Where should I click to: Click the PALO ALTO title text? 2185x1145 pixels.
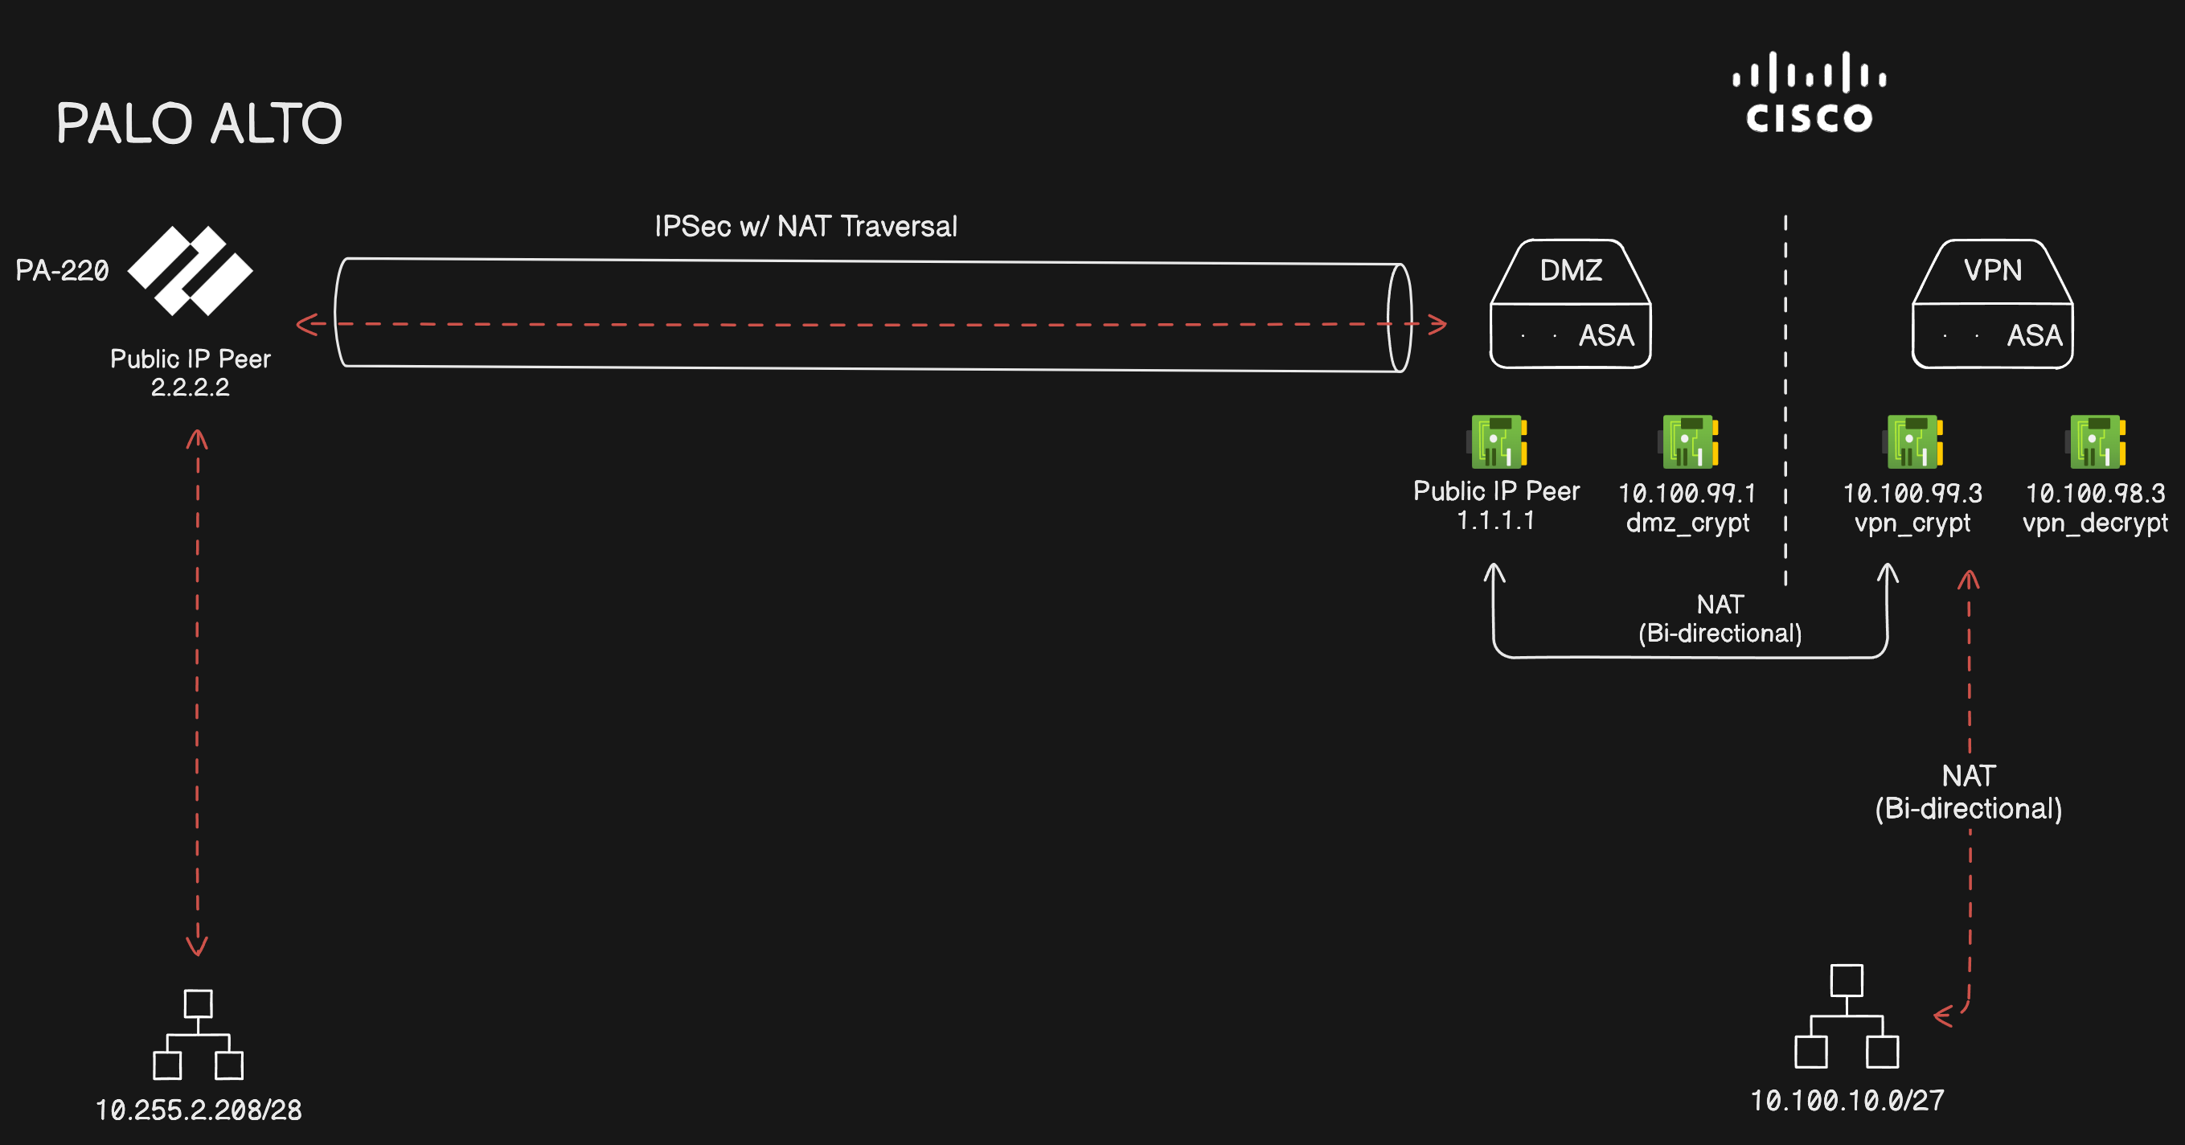pyautogui.click(x=199, y=124)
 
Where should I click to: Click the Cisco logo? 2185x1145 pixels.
pyautogui.click(x=1809, y=93)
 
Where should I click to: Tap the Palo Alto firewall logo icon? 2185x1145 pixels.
pyautogui.click(x=190, y=270)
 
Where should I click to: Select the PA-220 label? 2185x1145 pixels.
pyautogui.click(x=62, y=270)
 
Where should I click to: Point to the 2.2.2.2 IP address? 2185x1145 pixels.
pyautogui.click(x=190, y=388)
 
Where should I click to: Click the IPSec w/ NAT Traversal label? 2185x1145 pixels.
pyautogui.click(x=806, y=227)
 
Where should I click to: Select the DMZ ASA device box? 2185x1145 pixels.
pyautogui.click(x=1570, y=305)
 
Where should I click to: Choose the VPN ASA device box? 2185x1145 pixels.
pyautogui.click(x=1992, y=305)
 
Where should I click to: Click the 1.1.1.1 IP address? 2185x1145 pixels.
pyautogui.click(x=1495, y=520)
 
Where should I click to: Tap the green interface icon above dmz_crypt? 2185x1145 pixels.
pyautogui.click(x=1688, y=442)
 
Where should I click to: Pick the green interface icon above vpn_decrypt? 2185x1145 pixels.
pyautogui.click(x=2096, y=442)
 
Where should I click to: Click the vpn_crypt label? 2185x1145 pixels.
pyautogui.click(x=1912, y=523)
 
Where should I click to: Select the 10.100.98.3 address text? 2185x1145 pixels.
pyautogui.click(x=2095, y=493)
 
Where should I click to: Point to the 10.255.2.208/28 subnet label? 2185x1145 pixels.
pyautogui.click(x=199, y=1110)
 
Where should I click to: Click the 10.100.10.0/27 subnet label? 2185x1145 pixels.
pyautogui.click(x=1847, y=1101)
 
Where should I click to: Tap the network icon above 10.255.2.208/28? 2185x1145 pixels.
pyautogui.click(x=199, y=1035)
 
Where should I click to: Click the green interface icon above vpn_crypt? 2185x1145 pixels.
pyautogui.click(x=1913, y=442)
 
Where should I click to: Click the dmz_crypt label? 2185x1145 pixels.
pyautogui.click(x=1687, y=523)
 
